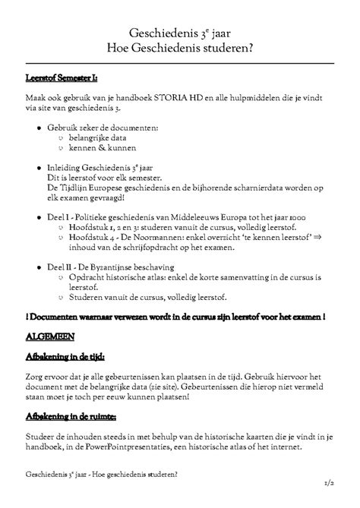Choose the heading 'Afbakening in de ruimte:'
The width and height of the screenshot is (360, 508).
[71, 418]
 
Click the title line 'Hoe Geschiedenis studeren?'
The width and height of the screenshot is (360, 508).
[180, 49]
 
